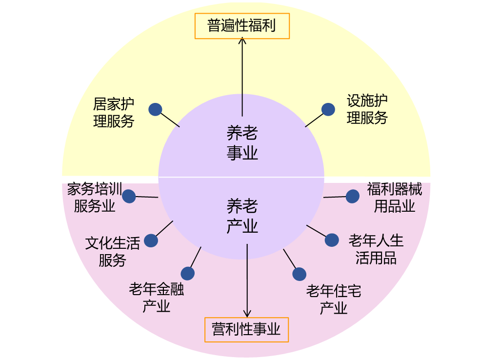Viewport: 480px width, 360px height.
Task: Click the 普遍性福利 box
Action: point(242,26)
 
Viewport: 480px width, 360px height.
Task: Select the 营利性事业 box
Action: point(246,330)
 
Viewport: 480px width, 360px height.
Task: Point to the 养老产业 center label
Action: point(242,216)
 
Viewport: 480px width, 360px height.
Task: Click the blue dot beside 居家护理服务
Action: point(155,109)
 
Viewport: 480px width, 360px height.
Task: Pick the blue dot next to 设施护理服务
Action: point(328,109)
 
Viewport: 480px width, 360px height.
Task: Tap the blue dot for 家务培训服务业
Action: point(129,196)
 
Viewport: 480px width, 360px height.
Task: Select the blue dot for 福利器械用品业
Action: point(353,196)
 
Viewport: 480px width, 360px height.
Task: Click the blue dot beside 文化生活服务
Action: point(151,240)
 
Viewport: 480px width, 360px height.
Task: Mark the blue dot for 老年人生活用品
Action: point(332,240)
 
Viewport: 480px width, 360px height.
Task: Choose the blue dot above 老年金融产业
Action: point(188,273)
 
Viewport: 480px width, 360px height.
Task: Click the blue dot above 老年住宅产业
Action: point(300,274)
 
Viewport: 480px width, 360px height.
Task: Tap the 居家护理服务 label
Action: point(114,113)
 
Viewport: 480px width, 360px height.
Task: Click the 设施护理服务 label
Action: point(367,109)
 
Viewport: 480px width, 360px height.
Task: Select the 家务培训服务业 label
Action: point(95,198)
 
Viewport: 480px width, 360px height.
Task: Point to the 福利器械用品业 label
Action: point(395,198)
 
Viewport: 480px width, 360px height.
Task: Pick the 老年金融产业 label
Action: point(157,298)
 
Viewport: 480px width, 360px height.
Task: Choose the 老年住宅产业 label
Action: point(334,300)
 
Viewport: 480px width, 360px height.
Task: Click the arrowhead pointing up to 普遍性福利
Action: point(242,40)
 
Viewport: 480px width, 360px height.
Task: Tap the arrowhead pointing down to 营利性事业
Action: point(247,314)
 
